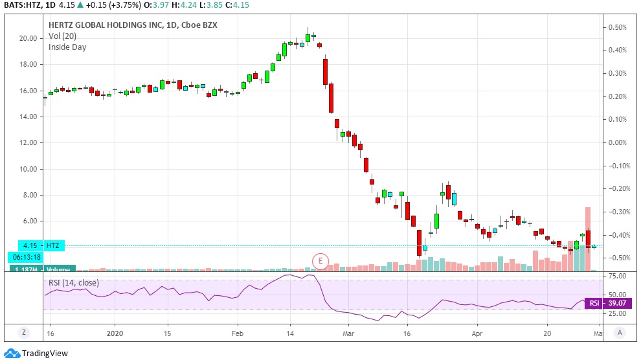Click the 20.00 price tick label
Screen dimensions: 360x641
click(28, 38)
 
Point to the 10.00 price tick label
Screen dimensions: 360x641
click(28, 169)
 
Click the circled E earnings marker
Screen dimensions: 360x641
click(320, 260)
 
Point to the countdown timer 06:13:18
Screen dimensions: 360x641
click(26, 256)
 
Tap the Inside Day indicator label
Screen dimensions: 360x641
click(67, 47)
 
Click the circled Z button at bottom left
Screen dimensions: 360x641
click(25, 333)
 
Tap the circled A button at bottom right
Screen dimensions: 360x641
click(620, 333)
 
